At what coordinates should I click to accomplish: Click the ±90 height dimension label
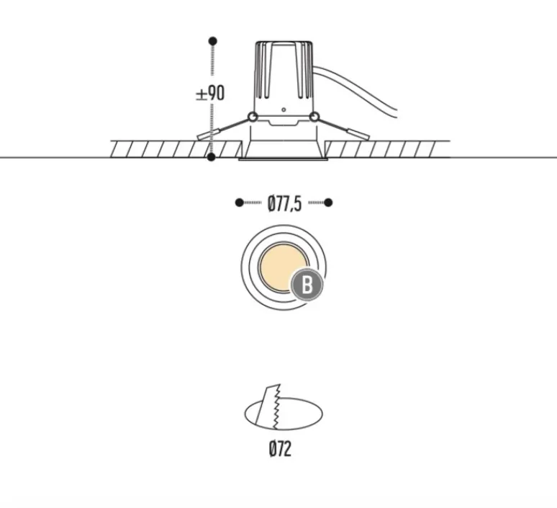(x=210, y=93)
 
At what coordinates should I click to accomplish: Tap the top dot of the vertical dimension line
(x=212, y=40)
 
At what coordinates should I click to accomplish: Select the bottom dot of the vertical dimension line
(x=212, y=156)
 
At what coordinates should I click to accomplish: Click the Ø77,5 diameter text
(x=284, y=204)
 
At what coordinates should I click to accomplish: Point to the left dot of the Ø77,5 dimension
(x=239, y=203)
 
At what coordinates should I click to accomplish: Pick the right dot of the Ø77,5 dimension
(x=328, y=203)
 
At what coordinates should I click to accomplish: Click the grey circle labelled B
(x=307, y=285)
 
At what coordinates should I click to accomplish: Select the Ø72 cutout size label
(x=280, y=450)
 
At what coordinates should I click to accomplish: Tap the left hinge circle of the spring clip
(x=252, y=117)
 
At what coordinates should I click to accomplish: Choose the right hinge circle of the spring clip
(x=314, y=117)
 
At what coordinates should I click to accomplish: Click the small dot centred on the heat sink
(x=284, y=110)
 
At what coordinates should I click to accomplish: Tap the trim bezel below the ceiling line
(x=284, y=159)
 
